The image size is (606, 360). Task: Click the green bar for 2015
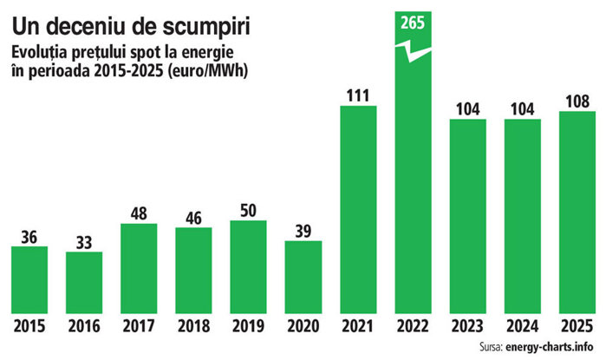pyautogui.click(x=29, y=279)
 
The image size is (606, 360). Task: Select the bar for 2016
pyautogui.click(x=84, y=282)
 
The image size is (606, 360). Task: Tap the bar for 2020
pyautogui.click(x=303, y=277)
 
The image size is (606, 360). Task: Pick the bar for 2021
pyautogui.click(x=358, y=209)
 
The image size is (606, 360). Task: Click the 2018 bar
pyautogui.click(x=193, y=271)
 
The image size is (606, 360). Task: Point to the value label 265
pyautogui.click(x=413, y=23)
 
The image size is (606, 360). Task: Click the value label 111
pyautogui.click(x=358, y=95)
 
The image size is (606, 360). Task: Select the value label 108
pyautogui.click(x=577, y=101)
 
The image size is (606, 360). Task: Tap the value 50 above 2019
pyautogui.click(x=248, y=211)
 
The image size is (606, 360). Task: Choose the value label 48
pyautogui.click(x=139, y=214)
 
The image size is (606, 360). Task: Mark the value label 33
pyautogui.click(x=84, y=242)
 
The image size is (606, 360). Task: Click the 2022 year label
pyautogui.click(x=413, y=326)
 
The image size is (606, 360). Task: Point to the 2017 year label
pyautogui.click(x=139, y=326)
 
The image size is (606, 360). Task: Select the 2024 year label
pyautogui.click(x=523, y=326)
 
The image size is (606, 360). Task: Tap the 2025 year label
pyautogui.click(x=577, y=326)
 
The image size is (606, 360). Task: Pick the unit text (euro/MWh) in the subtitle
pyautogui.click(x=207, y=72)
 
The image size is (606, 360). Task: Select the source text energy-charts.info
pyautogui.click(x=549, y=346)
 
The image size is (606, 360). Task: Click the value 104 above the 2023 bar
pyautogui.click(x=467, y=109)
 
